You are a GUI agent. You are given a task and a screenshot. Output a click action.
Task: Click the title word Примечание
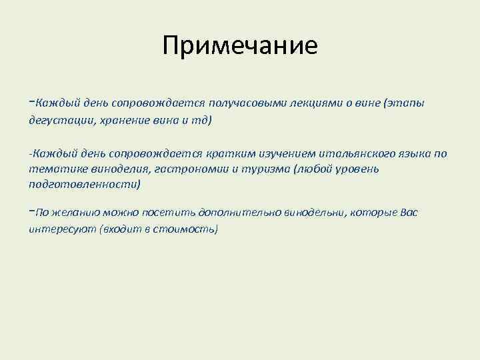coord(240,46)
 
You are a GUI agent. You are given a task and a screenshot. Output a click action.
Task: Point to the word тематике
coord(54,169)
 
